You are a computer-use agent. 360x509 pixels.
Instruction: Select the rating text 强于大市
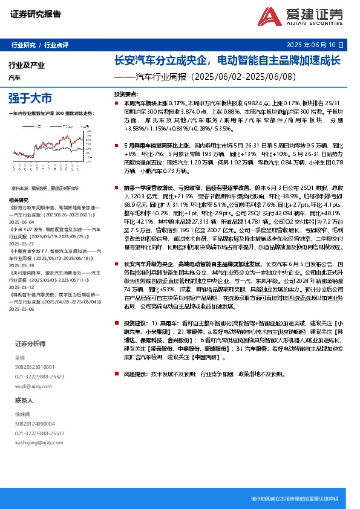point(30,97)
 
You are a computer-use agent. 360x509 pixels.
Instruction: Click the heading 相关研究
point(19,199)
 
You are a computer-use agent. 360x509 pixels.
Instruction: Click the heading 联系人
point(24,400)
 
